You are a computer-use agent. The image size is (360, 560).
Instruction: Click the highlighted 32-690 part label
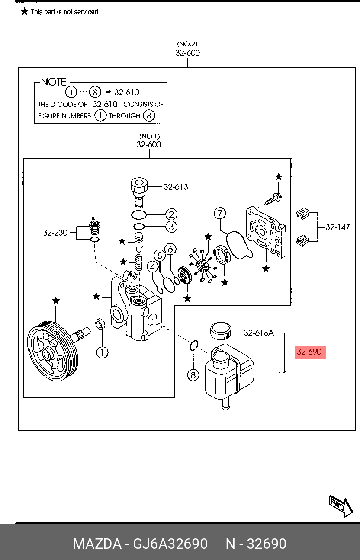310,352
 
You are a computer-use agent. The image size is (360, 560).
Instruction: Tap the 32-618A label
259,333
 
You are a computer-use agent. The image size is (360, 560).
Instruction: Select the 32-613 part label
176,187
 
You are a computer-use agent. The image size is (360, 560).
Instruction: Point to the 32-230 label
55,233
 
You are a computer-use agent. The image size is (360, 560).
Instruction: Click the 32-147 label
337,227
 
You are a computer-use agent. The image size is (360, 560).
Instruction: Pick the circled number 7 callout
220,213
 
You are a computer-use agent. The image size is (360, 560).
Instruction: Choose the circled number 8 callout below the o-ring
193,375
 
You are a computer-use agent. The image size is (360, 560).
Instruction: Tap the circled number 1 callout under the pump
102,353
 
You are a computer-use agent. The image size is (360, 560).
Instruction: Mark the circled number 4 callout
152,267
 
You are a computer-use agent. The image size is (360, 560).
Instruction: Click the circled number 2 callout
171,214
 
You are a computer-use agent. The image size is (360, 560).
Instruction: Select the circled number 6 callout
170,249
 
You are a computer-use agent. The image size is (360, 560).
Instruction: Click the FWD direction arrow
341,506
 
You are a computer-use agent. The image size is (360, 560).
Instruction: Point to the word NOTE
54,82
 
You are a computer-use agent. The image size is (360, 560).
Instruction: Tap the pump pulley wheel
52,351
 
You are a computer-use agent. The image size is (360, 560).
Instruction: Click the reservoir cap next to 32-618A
220,331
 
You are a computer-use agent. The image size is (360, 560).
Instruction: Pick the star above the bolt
279,177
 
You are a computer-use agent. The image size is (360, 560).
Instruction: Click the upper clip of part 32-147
303,214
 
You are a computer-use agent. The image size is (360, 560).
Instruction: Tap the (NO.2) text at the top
187,44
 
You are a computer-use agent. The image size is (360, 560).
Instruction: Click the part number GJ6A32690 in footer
170,544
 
